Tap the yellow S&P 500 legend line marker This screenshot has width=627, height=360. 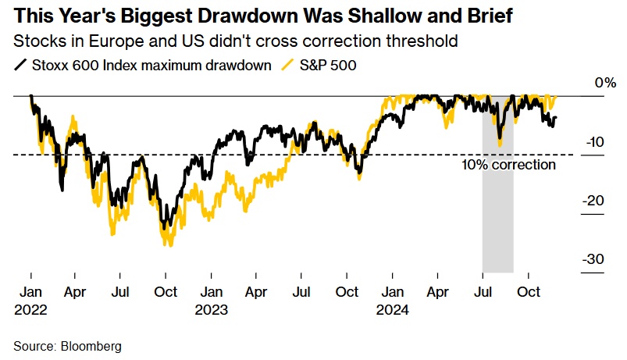[288, 66]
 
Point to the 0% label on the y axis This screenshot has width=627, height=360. [606, 83]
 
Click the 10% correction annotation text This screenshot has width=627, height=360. [508, 165]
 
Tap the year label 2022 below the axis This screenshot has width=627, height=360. [30, 308]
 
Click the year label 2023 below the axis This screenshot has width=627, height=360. [212, 308]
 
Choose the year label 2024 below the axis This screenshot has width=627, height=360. [393, 308]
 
